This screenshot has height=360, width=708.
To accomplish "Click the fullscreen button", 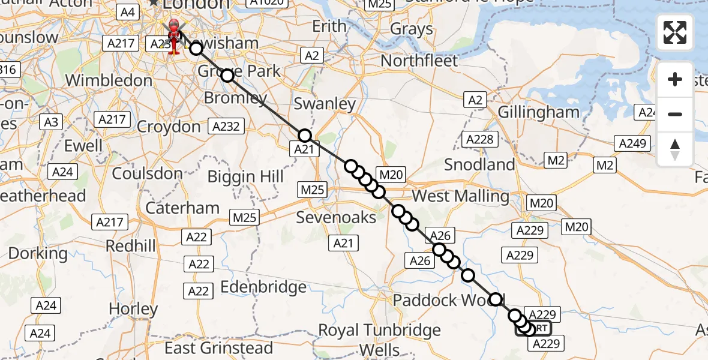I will pos(675,32).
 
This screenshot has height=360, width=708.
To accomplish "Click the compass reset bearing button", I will pos(675,149).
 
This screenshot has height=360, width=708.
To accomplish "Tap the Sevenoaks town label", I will pos(336,217).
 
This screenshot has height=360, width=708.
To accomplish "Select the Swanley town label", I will pos(325,104).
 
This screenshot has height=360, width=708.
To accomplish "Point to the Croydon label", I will pos(169,127).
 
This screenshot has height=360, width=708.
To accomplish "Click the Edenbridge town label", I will pos(263,287).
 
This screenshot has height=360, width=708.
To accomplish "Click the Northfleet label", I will pos(419,61).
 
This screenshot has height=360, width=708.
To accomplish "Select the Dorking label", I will pos(38,253).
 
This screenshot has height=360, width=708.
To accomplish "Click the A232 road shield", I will pos(226,127).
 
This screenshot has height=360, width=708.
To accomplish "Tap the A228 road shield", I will pos(481,140).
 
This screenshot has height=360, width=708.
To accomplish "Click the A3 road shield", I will pos(51,122).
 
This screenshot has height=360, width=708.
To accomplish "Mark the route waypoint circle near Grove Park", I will pos(227,75).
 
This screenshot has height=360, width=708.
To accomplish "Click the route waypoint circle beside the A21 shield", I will pos(305,136).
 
